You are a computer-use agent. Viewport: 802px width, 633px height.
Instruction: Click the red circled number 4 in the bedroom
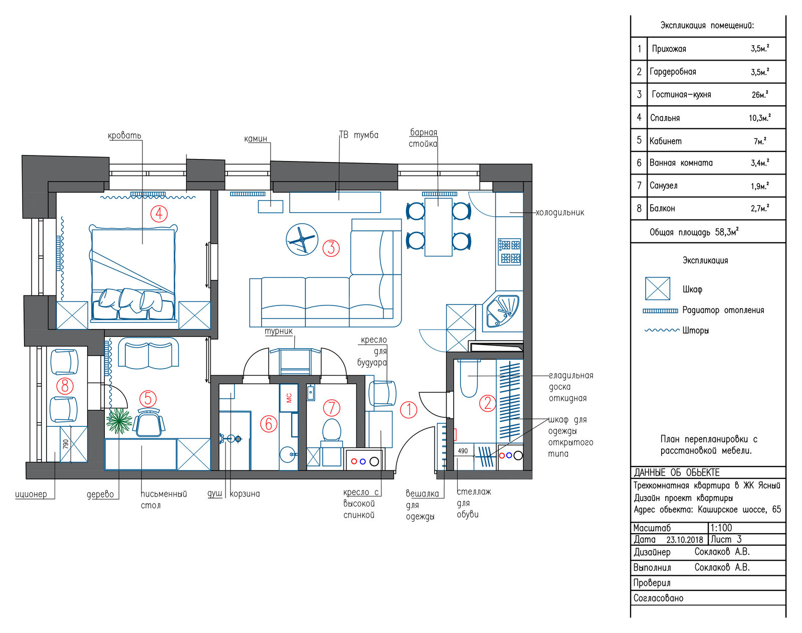pos(159,214)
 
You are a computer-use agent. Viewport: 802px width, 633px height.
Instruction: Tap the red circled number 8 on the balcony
pos(65,386)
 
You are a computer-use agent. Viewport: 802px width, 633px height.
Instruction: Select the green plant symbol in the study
pos(119,421)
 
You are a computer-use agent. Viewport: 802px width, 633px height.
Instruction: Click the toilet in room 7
pos(332,433)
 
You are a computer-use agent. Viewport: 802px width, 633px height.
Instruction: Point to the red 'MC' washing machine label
pos(289,398)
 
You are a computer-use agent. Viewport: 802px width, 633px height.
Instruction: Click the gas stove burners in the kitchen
pos(509,252)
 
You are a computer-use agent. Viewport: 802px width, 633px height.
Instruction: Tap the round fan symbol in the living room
pos(302,239)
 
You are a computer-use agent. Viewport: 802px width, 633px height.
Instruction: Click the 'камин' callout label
pos(256,139)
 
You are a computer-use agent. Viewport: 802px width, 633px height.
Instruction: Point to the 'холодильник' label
pos(560,213)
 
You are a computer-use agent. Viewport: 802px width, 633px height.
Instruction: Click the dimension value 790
pos(66,444)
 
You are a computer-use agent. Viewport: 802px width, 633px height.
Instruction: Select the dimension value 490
pos(463,451)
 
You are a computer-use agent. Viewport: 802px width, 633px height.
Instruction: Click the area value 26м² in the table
pos(760,94)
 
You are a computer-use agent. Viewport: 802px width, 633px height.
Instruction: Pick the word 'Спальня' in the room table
pos(665,118)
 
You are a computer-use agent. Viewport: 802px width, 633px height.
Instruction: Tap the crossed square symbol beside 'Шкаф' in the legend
pos(658,288)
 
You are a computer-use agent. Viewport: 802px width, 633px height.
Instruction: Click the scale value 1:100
pos(721,528)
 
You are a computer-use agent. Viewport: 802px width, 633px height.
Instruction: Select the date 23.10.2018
pos(685,540)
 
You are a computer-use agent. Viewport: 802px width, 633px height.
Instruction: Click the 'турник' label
pos(278,331)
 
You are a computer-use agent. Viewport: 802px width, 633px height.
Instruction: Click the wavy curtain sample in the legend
pos(662,330)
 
